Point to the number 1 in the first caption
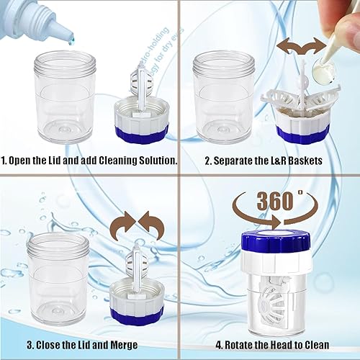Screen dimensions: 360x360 (x=5, y=160)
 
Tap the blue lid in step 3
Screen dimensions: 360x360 (x=142, y=311)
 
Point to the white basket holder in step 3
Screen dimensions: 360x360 (x=140, y=274)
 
